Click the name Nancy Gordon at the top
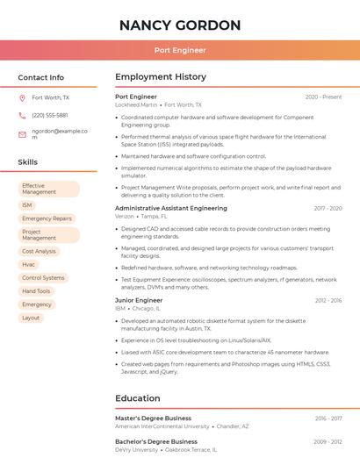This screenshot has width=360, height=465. (179, 25)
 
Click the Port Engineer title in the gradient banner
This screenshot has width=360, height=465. (179, 50)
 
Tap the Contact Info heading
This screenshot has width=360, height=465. (40, 77)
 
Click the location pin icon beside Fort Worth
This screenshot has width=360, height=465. (22, 97)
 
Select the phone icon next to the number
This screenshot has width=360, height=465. (22, 115)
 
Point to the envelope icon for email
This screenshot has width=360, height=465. (22, 134)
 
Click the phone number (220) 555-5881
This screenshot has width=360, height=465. (49, 115)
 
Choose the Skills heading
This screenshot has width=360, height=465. (28, 162)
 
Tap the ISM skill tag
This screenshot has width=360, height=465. (27, 205)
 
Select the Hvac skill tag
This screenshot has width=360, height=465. (29, 264)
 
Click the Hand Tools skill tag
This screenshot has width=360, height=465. (36, 291)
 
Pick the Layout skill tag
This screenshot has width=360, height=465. (31, 318)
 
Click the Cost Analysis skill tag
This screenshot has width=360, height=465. (39, 251)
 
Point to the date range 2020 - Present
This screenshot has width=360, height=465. (323, 97)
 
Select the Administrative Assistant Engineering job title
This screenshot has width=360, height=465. (170, 208)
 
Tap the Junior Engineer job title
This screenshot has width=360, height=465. (139, 300)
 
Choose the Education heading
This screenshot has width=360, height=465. (138, 398)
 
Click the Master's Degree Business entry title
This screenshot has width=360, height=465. (153, 418)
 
